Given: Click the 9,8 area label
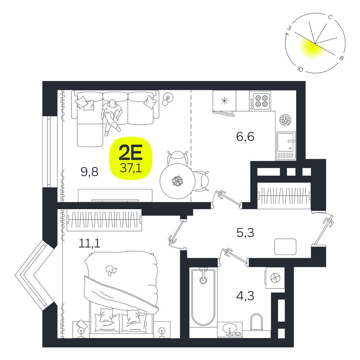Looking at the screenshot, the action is [89, 171].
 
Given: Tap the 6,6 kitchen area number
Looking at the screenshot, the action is [245, 136].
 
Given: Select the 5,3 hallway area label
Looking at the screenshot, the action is [245, 233].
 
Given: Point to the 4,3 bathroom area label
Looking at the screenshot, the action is [245, 296].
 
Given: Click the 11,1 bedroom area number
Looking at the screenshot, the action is [90, 243].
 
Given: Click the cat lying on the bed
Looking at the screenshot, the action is [111, 270].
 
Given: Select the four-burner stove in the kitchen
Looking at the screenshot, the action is [260, 101].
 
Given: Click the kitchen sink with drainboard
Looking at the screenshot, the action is [286, 146].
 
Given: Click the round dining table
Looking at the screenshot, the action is [177, 181].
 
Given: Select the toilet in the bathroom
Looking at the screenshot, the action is [256, 322].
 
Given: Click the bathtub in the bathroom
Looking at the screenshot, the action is [203, 296].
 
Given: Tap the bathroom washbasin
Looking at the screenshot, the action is [230, 329].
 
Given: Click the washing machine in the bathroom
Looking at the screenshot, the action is [275, 278].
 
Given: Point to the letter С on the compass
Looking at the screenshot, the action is [330, 17].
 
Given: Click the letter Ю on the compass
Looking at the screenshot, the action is [300, 69].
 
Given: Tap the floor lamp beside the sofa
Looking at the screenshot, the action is [167, 99].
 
